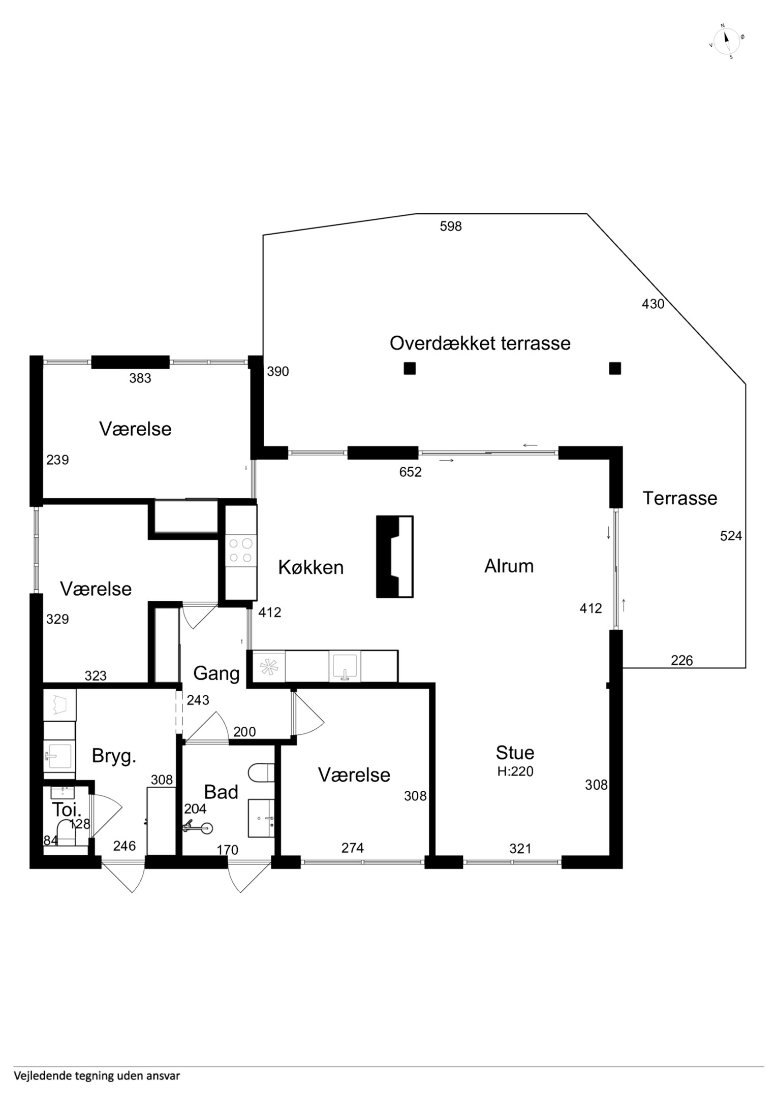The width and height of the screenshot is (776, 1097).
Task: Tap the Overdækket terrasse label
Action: (480, 343)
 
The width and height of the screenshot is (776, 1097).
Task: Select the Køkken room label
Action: (311, 567)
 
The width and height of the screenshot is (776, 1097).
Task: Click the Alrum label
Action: (509, 566)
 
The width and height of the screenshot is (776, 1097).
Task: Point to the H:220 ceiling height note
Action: (515, 771)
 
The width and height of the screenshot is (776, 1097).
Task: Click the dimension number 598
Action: (451, 226)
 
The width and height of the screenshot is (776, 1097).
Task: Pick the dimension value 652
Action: (410, 472)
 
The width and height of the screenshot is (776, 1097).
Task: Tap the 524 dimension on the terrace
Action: (731, 535)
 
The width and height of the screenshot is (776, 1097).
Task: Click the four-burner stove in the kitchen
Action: (241, 551)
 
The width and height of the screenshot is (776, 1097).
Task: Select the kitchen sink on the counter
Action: (345, 666)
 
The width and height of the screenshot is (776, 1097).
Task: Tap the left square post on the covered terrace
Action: (410, 368)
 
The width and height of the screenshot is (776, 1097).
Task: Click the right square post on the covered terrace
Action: (615, 368)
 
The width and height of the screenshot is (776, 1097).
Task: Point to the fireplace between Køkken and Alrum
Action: (395, 557)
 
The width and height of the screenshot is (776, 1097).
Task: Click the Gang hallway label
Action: (216, 673)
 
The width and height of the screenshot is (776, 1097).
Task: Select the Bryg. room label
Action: (114, 756)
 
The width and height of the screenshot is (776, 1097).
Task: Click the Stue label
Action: (515, 752)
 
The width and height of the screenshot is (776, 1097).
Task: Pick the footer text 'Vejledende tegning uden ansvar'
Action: (97, 1075)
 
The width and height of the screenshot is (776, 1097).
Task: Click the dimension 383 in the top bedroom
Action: (140, 378)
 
